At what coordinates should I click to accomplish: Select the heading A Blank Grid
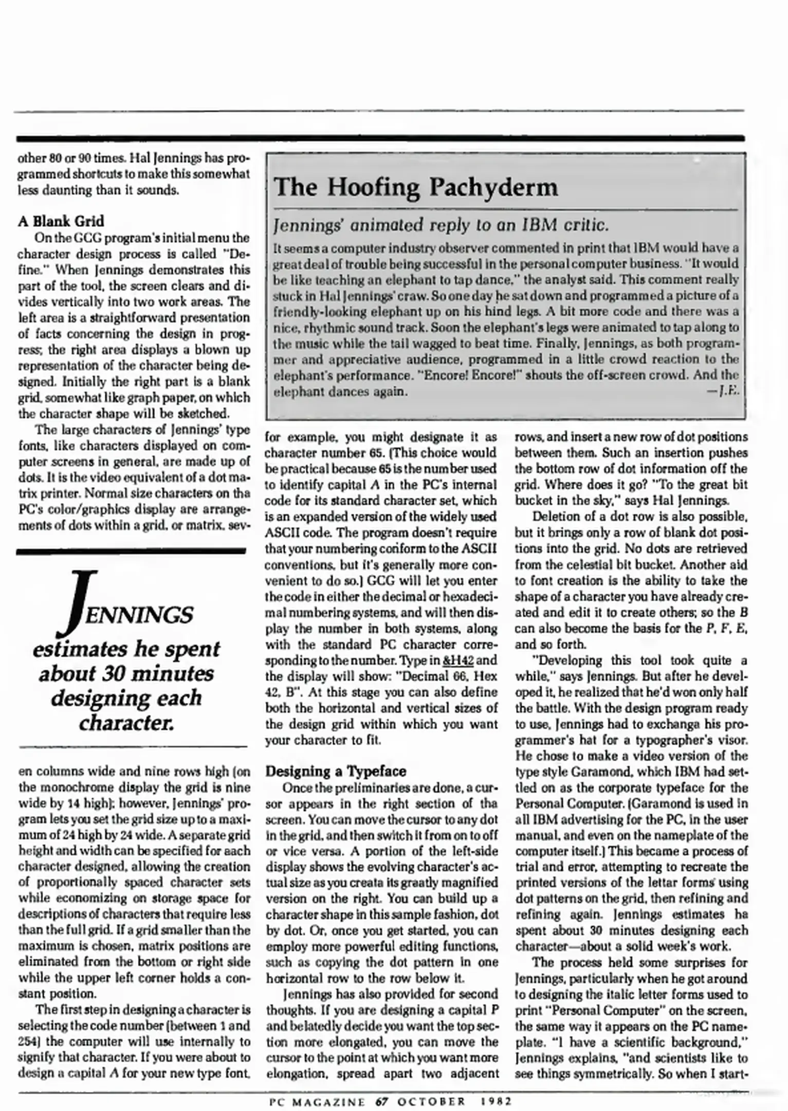[x=61, y=221]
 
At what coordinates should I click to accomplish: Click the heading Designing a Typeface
[x=336, y=772]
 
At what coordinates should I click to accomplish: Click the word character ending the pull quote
[x=126, y=723]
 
